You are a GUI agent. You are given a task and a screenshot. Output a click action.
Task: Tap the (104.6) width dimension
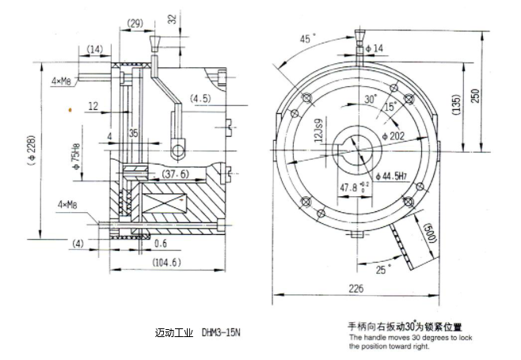[164, 261]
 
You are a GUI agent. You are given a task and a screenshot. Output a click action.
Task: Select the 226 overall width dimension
[359, 290]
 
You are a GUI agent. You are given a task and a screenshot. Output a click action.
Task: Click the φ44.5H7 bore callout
[391, 175]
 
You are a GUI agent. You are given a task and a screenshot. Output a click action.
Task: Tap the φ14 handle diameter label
[373, 49]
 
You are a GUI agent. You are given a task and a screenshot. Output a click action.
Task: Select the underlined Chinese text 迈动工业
[173, 332]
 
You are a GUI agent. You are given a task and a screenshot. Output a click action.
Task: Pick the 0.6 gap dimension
[159, 242]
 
